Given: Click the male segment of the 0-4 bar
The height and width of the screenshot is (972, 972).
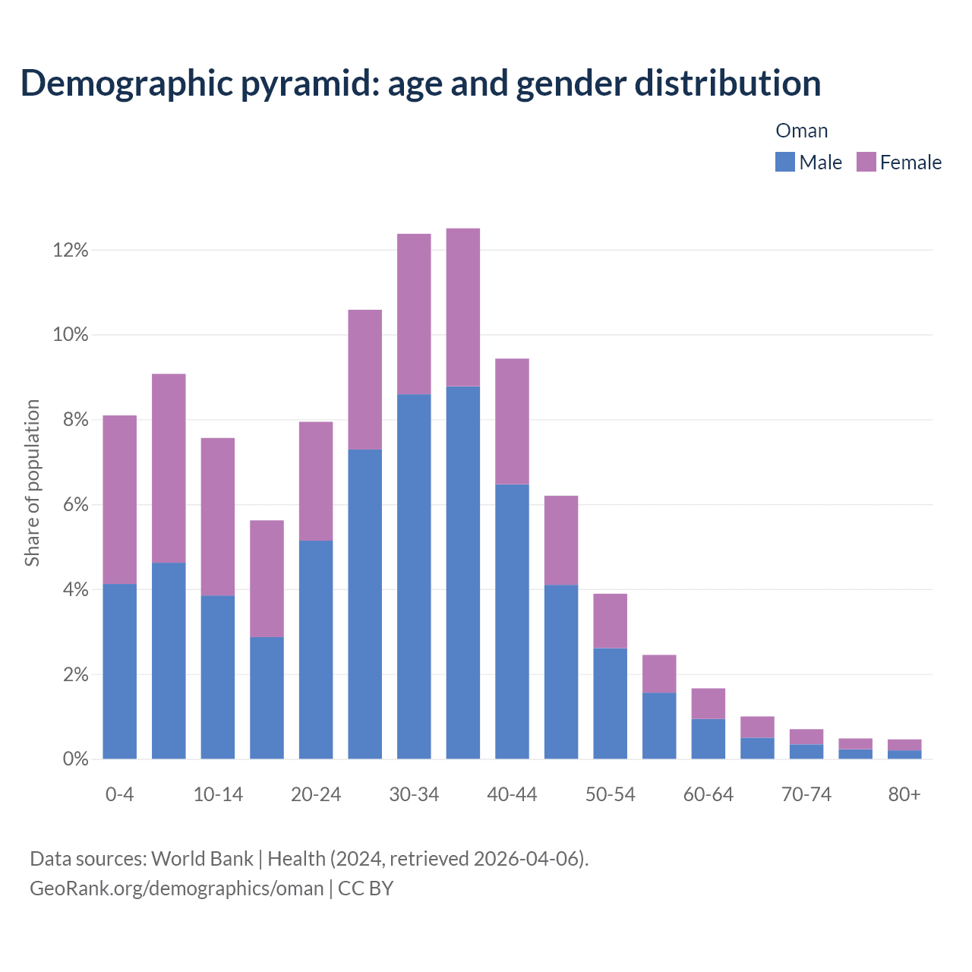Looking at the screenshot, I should tap(120, 671).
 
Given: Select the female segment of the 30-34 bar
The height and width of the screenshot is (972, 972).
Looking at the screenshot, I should tap(414, 314).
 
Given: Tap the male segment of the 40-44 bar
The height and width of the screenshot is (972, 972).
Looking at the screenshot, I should tap(512, 621).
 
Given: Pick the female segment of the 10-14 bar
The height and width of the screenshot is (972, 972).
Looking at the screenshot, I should tap(218, 516).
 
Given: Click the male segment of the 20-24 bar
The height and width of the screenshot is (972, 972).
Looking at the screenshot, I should tap(316, 649).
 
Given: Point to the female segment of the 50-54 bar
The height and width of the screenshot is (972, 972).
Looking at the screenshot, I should tap(610, 620).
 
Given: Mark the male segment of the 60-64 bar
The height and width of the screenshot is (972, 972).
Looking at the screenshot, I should tap(708, 739).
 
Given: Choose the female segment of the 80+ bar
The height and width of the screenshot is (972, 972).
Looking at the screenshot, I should tap(904, 745).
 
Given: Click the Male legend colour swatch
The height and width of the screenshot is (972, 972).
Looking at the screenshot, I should tap(784, 162).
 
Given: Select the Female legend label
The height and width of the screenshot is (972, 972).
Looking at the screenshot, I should tap(910, 163).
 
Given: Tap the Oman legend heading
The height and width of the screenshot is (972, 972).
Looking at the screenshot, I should tap(801, 131).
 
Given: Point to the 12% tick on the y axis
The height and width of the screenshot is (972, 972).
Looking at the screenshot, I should tap(71, 250).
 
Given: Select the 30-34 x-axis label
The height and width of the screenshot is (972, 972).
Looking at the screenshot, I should tap(414, 794).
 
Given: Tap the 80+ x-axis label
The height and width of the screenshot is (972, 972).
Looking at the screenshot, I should tap(904, 794).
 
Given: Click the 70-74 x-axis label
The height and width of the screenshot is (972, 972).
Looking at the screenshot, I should tap(806, 794).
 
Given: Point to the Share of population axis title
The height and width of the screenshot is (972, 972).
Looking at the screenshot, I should tap(32, 483).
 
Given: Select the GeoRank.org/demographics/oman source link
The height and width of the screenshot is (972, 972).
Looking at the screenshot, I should tap(176, 888).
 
